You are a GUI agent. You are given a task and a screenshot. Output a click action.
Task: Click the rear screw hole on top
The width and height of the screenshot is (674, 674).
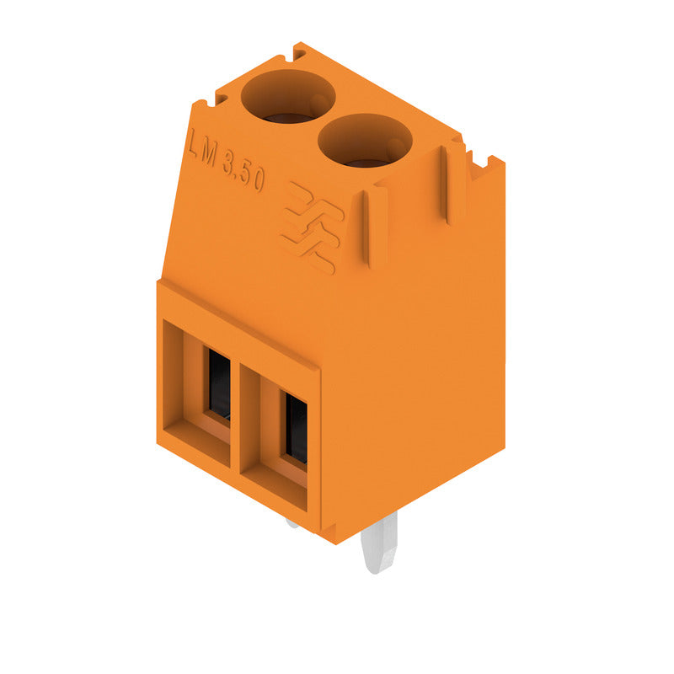click(x=287, y=95)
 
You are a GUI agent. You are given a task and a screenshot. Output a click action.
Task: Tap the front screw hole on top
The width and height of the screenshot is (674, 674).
click(x=364, y=139)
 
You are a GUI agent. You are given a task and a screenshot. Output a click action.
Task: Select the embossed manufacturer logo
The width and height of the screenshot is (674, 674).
click(x=311, y=227)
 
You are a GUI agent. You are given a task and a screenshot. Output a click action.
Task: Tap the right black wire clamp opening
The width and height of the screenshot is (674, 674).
click(x=296, y=430)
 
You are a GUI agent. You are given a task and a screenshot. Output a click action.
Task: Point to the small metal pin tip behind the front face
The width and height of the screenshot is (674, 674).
click(x=292, y=522)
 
